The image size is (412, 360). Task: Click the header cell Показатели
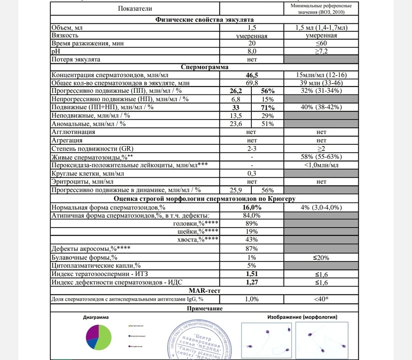pyautogui.click(x=135, y=8)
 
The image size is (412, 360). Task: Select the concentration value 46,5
pyautogui.click(x=252, y=75)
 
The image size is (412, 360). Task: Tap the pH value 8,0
pyautogui.click(x=252, y=51)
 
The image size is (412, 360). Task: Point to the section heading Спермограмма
pyautogui.click(x=204, y=67)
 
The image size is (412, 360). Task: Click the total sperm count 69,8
pyautogui.click(x=252, y=83)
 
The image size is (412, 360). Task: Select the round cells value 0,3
pyautogui.click(x=252, y=173)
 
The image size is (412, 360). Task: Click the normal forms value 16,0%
pyautogui.click(x=252, y=207)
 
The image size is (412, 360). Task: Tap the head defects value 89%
pyautogui.click(x=252, y=224)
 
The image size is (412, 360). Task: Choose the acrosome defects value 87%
pyautogui.click(x=252, y=249)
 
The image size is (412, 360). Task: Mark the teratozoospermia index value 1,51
pyautogui.click(x=252, y=274)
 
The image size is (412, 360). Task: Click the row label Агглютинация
pyautogui.click(x=73, y=132)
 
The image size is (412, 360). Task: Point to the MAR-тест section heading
pyautogui.click(x=204, y=291)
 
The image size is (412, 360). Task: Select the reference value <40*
pyautogui.click(x=321, y=299)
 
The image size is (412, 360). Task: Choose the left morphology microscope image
pyautogui.click(x=266, y=340)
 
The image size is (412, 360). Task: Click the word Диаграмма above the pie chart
pyautogui.click(x=96, y=318)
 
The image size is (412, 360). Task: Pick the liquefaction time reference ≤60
pyautogui.click(x=321, y=43)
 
